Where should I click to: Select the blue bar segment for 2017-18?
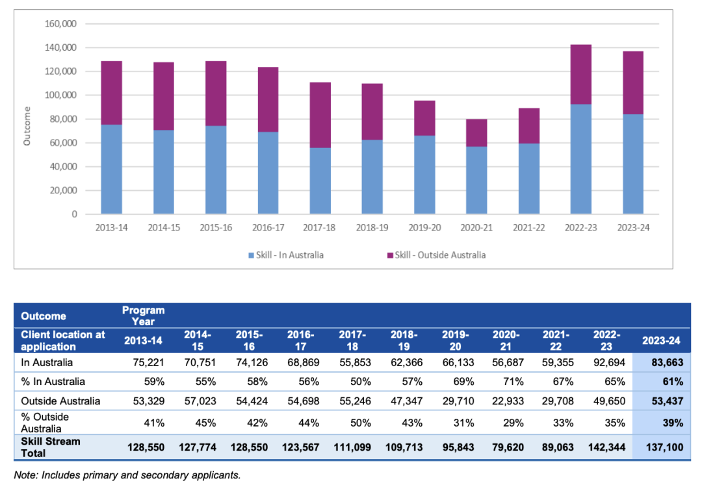click(x=320, y=180)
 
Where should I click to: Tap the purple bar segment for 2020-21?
click(x=476, y=133)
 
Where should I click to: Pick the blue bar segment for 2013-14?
click(x=112, y=169)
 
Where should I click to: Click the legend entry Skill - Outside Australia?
click(x=440, y=255)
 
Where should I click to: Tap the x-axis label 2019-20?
click(x=424, y=228)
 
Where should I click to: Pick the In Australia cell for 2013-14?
click(x=149, y=362)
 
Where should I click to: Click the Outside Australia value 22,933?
click(x=506, y=401)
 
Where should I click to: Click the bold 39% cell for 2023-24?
click(x=673, y=423)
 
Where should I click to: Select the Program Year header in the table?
click(x=144, y=315)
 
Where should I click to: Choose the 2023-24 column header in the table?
click(x=662, y=340)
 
